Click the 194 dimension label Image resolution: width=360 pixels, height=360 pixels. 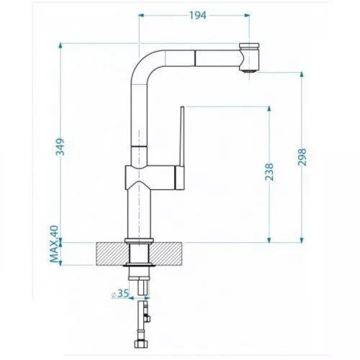click(x=198, y=15)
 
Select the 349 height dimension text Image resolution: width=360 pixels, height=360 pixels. click(x=60, y=147)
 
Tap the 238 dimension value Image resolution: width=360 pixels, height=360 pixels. click(x=269, y=172)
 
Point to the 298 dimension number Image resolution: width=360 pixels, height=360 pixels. click(x=302, y=157)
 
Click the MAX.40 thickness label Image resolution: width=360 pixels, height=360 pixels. click(x=54, y=244)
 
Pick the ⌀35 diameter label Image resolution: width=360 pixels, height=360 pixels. click(x=120, y=294)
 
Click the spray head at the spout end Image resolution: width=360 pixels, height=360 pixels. click(x=249, y=57)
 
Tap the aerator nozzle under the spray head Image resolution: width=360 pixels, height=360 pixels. click(x=249, y=71)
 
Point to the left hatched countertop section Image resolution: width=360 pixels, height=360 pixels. click(x=112, y=254)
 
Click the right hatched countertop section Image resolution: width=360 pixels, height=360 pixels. click(x=166, y=254)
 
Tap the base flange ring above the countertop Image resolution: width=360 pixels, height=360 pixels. click(x=139, y=240)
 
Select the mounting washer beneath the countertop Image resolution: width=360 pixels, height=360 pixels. click(x=139, y=265)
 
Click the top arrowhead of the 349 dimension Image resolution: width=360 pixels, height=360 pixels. click(x=60, y=45)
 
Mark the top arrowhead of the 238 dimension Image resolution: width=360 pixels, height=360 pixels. click(x=269, y=108)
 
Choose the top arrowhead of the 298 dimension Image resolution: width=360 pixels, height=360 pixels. click(x=302, y=74)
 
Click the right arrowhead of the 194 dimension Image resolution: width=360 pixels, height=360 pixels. click(x=247, y=15)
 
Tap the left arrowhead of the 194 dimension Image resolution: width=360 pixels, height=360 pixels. click(x=142, y=15)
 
